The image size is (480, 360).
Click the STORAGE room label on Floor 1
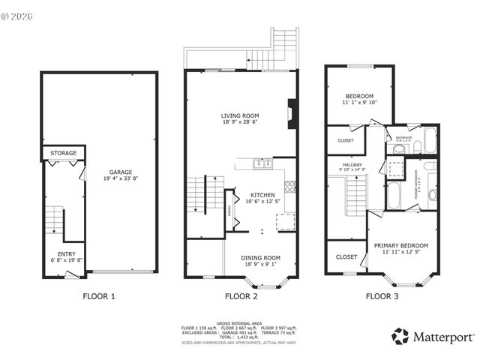click(x=63, y=153)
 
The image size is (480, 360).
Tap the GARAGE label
click(x=121, y=170)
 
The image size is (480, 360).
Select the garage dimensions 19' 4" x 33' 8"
click(x=121, y=178)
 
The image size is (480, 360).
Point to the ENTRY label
click(x=66, y=253)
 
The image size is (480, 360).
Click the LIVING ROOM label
click(x=240, y=115)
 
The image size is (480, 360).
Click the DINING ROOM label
click(x=260, y=257)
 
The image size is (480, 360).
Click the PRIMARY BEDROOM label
click(x=401, y=245)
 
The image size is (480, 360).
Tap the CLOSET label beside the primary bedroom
click(x=346, y=257)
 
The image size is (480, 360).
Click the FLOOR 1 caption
click(x=98, y=296)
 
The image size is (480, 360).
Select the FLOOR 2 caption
click(x=239, y=296)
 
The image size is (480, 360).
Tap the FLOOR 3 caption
click(x=382, y=296)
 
